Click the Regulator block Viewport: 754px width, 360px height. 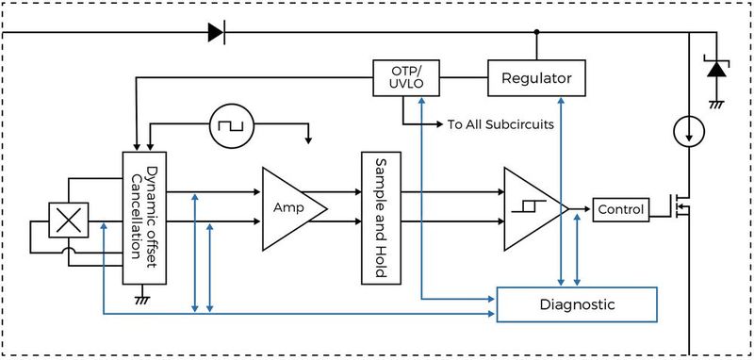(536, 76)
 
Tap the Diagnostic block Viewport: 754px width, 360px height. (577, 304)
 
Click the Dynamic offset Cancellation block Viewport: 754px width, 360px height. (146, 216)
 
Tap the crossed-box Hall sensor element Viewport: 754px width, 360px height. (68, 221)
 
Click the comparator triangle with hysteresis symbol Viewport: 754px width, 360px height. (531, 208)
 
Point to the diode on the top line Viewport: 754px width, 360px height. (216, 33)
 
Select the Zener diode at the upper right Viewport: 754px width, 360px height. (716, 70)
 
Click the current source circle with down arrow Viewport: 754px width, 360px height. (690, 131)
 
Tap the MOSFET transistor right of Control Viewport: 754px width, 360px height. (680, 209)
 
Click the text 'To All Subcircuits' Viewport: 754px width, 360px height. (499, 124)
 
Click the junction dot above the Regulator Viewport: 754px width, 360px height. (536, 33)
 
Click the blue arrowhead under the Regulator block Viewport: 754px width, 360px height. (562, 102)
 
